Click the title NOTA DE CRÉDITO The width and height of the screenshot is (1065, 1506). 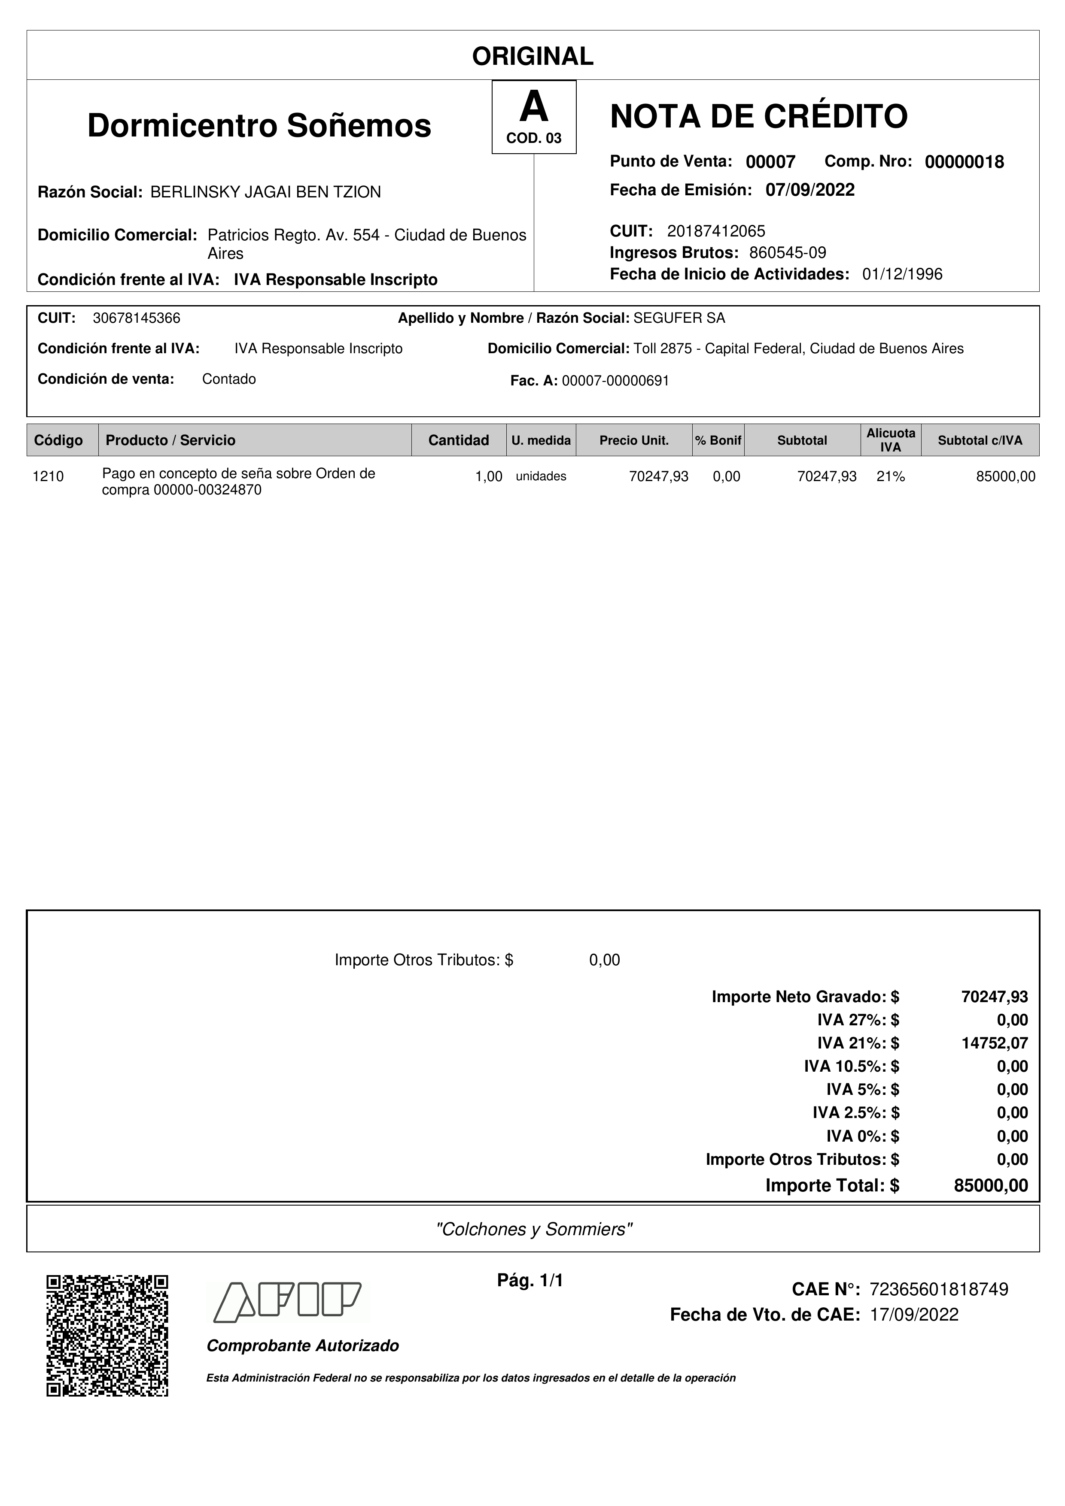[758, 117]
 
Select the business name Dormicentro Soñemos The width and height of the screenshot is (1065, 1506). [259, 125]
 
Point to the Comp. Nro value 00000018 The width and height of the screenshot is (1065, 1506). [964, 162]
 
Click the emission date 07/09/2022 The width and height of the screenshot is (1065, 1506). [810, 190]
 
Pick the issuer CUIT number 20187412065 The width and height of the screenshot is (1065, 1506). [716, 231]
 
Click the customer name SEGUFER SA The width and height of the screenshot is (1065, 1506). [679, 318]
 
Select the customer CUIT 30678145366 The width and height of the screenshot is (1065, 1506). [137, 318]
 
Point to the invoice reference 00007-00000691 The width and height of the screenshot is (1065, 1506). [615, 381]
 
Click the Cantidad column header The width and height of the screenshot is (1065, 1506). [458, 440]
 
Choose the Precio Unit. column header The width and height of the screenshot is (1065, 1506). [634, 440]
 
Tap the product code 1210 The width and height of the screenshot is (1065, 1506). [48, 477]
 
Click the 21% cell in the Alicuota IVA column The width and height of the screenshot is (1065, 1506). [891, 477]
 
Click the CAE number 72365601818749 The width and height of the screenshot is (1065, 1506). [938, 1290]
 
